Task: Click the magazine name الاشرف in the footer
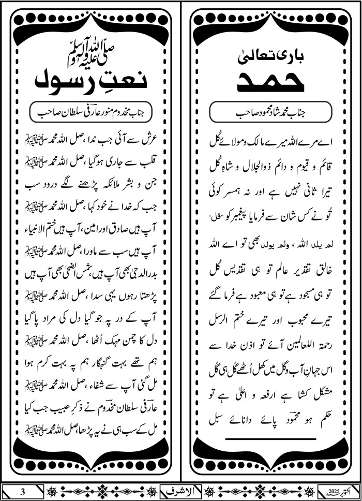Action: click(181, 490)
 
